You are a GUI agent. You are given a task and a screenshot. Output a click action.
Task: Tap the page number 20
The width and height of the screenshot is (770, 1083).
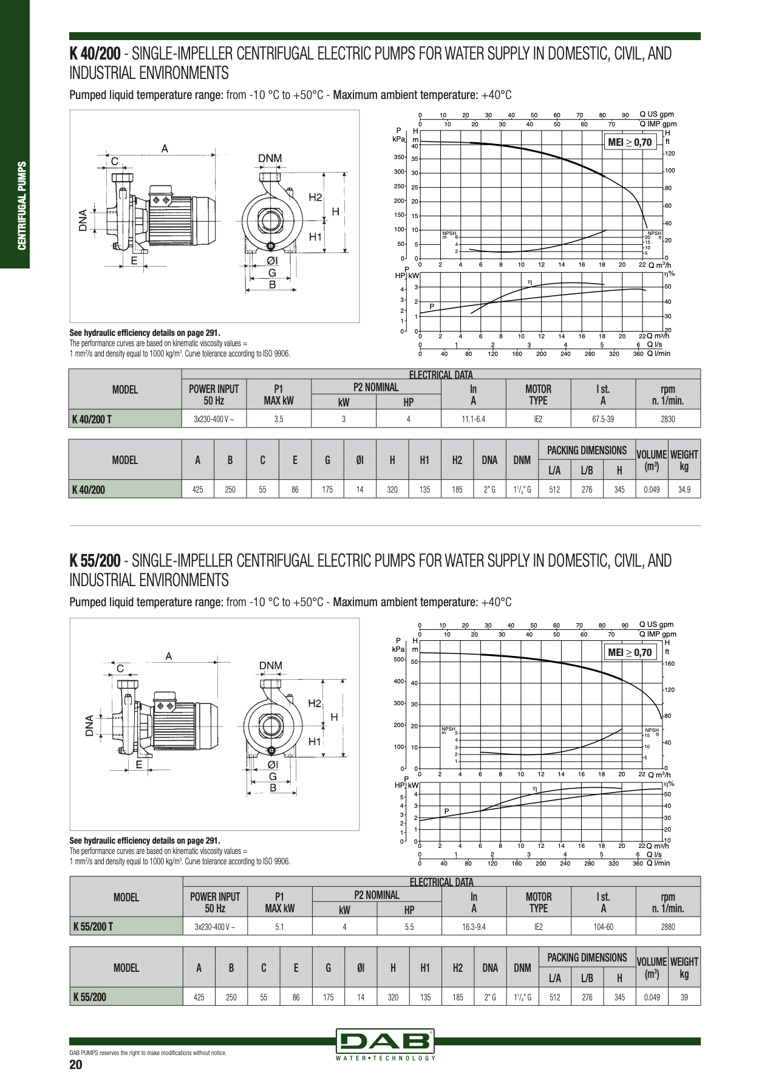pyautogui.click(x=76, y=1064)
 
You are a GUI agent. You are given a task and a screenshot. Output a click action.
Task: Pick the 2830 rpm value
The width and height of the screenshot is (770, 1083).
pyautogui.click(x=667, y=419)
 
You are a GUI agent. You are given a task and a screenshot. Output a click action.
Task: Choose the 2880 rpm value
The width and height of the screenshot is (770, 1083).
pyautogui.click(x=667, y=926)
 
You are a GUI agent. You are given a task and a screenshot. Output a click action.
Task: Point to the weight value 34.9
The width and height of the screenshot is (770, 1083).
pyautogui.click(x=684, y=490)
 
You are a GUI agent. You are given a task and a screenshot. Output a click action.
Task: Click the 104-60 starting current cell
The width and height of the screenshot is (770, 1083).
pyautogui.click(x=603, y=926)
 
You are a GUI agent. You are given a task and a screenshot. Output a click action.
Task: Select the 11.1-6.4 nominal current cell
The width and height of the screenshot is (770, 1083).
pyautogui.click(x=473, y=419)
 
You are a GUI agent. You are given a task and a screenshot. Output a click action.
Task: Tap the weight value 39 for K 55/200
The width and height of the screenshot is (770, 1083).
pyautogui.click(x=684, y=997)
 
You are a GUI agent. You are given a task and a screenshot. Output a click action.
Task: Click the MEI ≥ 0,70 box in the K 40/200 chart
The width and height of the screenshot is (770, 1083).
pyautogui.click(x=629, y=143)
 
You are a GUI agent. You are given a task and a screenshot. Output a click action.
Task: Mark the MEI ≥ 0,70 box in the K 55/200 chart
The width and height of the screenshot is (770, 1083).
pyautogui.click(x=629, y=653)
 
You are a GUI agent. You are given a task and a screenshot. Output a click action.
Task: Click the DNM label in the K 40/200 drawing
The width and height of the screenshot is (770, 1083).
pyautogui.click(x=270, y=159)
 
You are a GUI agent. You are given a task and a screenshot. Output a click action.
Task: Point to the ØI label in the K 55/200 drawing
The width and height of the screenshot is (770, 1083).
pyautogui.click(x=272, y=765)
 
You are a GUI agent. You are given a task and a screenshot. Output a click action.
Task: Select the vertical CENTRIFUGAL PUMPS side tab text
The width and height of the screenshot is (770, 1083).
pyautogui.click(x=22, y=205)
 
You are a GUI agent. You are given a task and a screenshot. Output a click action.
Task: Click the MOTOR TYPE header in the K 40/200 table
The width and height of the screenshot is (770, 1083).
pyautogui.click(x=538, y=395)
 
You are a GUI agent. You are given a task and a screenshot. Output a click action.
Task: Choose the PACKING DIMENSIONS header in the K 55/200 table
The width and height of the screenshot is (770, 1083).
pyautogui.click(x=587, y=958)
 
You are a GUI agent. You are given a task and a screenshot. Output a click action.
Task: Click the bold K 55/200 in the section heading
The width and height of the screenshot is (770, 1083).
pyautogui.click(x=95, y=561)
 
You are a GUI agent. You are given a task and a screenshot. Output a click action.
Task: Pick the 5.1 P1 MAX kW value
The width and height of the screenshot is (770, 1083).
pyautogui.click(x=279, y=926)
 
